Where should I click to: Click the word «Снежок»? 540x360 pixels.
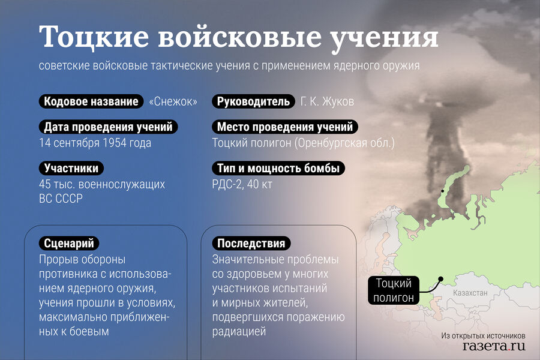tap(173, 101)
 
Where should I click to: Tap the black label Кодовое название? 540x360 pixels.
tap(91, 101)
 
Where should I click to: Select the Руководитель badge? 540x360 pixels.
tap(253, 101)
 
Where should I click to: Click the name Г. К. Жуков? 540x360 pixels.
tap(327, 101)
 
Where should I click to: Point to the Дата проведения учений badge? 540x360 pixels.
tap(108, 127)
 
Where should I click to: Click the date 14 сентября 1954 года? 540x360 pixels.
tap(95, 143)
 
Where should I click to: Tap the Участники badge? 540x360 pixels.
tap(71, 168)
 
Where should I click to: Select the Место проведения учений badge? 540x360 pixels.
tap(285, 127)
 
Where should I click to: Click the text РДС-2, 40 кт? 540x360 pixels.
tap(242, 184)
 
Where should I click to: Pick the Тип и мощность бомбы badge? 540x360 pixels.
tap(278, 168)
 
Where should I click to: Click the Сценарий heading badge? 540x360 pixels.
tap(69, 243)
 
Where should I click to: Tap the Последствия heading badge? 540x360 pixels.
tap(251, 243)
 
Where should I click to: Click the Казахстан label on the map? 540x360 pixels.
tap(470, 293)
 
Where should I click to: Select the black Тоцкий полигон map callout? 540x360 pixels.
tap(393, 290)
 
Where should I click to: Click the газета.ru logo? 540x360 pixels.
tap(494, 346)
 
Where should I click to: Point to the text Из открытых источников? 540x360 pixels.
tap(483, 335)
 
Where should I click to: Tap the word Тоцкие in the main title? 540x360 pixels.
tap(94, 36)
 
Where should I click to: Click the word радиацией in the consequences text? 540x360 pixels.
tap(239, 331)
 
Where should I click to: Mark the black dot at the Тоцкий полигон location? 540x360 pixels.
tap(441, 278)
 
